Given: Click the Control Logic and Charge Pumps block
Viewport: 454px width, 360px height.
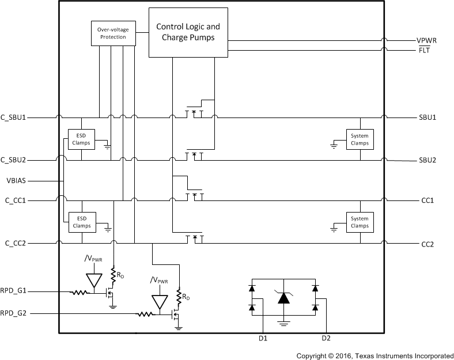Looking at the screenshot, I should click(188, 32).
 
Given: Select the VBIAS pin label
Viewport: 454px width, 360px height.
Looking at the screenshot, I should click(16, 180).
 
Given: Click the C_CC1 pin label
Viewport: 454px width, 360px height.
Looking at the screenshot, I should click(17, 200).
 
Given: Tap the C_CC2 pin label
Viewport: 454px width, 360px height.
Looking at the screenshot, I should click(17, 244).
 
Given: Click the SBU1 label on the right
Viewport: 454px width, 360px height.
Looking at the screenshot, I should click(427, 117).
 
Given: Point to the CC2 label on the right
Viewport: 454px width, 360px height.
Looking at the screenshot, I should click(427, 244).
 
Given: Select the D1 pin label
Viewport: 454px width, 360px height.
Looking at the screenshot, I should click(263, 339).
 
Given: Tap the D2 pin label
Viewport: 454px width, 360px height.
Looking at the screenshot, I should click(326, 339).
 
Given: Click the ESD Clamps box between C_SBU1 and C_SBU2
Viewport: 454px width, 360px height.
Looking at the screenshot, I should click(82, 139).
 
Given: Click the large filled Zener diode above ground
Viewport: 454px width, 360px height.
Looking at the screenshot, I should click(283, 298).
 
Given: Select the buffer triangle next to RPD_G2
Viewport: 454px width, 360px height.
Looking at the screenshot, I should click(157, 302).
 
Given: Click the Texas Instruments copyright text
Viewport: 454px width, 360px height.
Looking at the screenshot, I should click(374, 356).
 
